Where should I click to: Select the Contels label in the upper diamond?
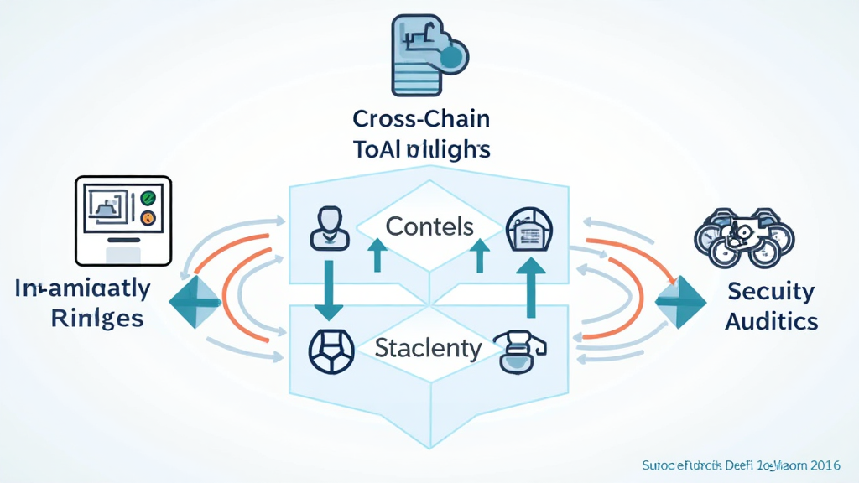(429, 226)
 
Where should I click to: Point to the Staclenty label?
(428, 347)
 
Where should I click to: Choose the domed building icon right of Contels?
(529, 229)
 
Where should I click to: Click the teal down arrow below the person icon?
(328, 289)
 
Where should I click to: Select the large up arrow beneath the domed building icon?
(530, 286)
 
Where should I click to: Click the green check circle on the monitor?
(148, 199)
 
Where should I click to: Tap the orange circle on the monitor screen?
(148, 219)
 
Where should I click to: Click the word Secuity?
(770, 291)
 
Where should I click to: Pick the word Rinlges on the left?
(96, 319)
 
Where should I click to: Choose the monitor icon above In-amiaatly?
(123, 221)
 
